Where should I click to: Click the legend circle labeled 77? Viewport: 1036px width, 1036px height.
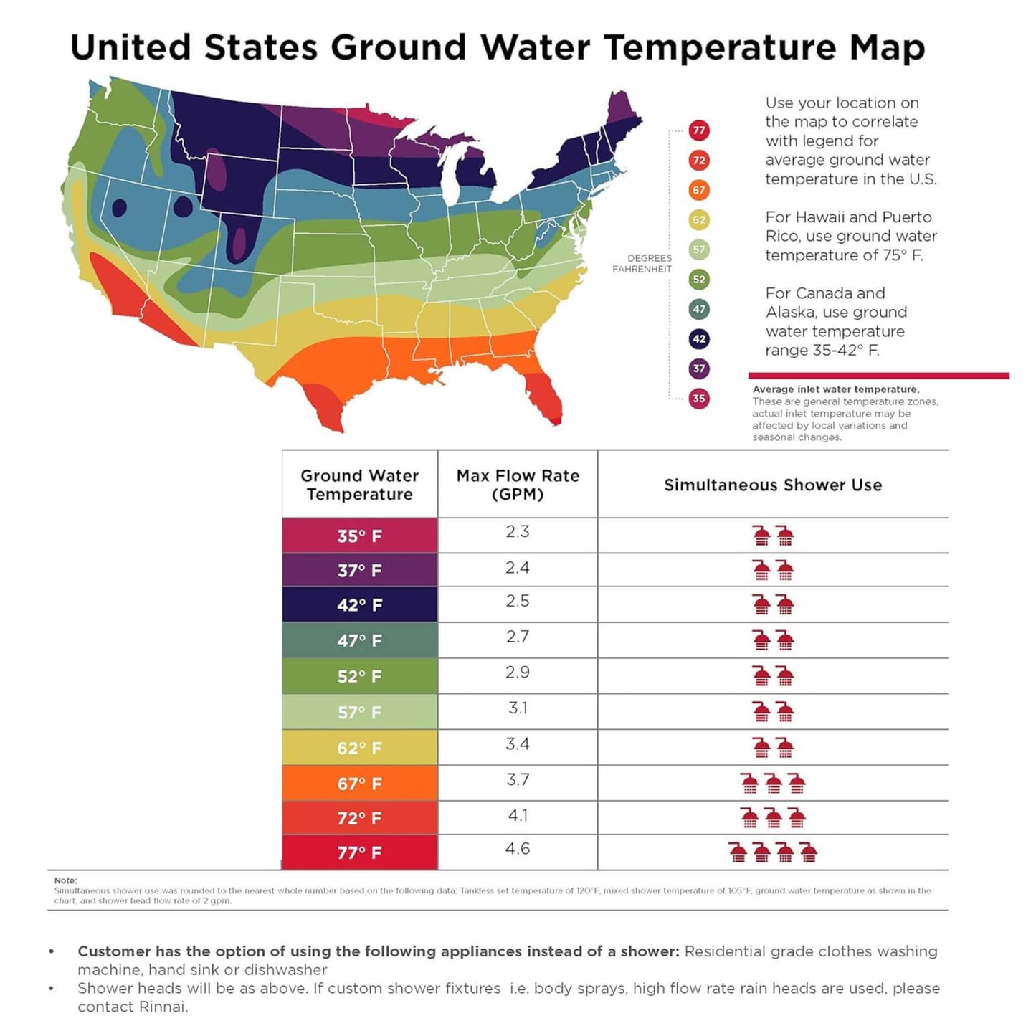698,130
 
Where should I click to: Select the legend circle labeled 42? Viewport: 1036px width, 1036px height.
698,338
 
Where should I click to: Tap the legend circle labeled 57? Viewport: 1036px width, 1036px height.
698,250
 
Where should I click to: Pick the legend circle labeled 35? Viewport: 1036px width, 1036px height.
698,399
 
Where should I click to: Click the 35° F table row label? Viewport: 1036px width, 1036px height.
360,536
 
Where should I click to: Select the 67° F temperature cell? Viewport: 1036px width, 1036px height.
360,784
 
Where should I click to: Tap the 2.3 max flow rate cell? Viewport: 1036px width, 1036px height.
517,531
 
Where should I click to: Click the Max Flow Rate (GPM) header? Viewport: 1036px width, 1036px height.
518,485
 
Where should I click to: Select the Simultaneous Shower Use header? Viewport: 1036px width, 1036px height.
773,485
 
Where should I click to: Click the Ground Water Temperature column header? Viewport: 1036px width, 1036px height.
360,485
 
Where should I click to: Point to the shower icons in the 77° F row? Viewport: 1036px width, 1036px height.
773,852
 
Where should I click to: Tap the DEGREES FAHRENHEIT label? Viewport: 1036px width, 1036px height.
642,263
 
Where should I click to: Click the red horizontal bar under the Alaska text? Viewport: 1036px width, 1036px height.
878,376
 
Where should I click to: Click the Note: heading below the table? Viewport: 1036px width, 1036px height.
65,880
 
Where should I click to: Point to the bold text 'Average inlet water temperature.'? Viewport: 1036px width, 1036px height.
836,389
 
